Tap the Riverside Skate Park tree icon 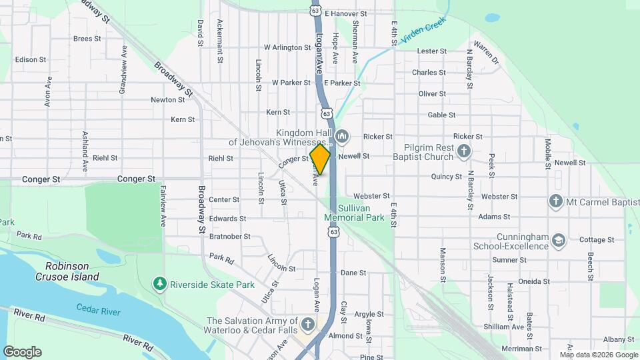159,285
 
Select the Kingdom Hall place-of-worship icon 343,137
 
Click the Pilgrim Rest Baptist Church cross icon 465,152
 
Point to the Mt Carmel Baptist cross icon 555,201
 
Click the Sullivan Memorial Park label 355,213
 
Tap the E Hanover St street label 345,13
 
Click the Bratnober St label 229,236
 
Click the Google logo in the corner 22,352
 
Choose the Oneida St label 534,281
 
